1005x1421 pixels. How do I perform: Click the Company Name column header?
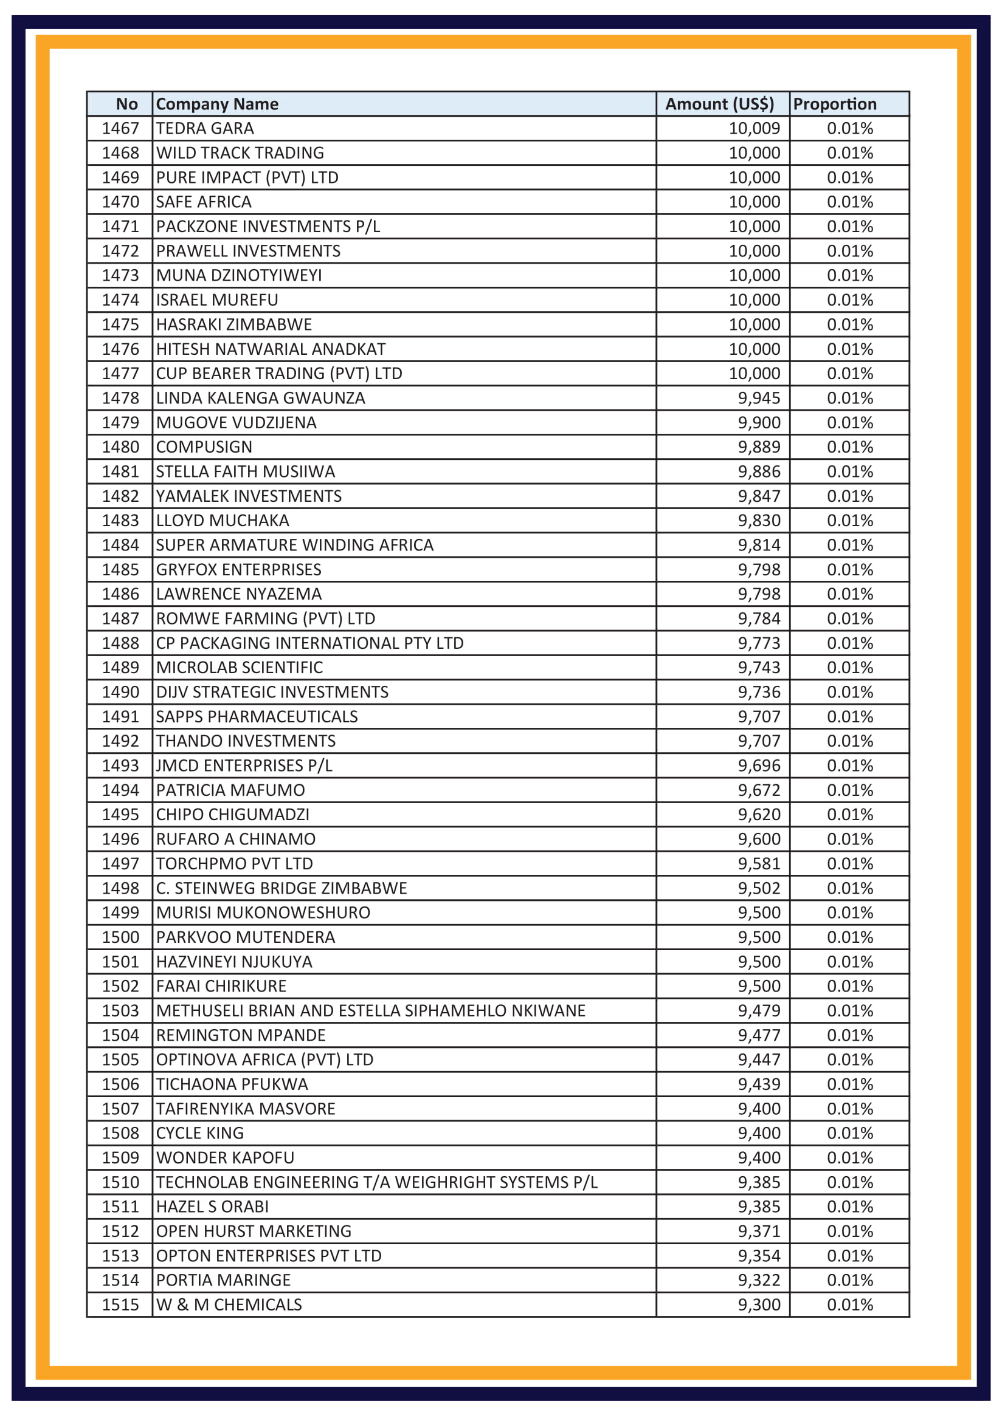point(216,104)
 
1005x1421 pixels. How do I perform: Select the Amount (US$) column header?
point(719,104)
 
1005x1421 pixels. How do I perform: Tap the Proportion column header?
point(834,104)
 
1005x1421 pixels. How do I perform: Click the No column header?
point(127,104)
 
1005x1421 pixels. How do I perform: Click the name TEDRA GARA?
point(205,128)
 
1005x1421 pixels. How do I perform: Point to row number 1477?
point(121,373)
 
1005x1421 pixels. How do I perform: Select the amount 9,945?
point(759,398)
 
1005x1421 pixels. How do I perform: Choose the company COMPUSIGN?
point(204,447)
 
